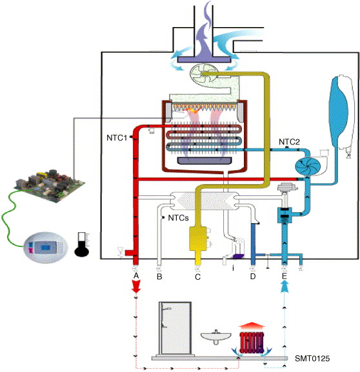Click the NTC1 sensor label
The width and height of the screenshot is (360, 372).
(117, 137)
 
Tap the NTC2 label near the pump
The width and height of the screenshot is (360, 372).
(289, 142)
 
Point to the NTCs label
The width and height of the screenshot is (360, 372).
(178, 218)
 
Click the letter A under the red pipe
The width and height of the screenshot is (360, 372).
(136, 276)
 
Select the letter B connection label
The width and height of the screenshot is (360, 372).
(159, 277)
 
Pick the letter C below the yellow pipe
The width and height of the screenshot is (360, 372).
(197, 277)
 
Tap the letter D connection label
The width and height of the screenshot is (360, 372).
(253, 276)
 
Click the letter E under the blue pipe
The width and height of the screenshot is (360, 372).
(285, 276)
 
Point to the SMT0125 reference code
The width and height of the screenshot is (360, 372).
(312, 358)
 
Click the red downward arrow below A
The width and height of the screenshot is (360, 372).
(136, 287)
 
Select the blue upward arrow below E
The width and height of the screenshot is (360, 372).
(285, 287)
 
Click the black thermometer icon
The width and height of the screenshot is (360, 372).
(82, 244)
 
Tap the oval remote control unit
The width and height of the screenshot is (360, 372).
(46, 248)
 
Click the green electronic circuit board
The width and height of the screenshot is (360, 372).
(49, 186)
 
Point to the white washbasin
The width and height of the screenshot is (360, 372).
(216, 337)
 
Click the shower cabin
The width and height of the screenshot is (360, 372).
(175, 328)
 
